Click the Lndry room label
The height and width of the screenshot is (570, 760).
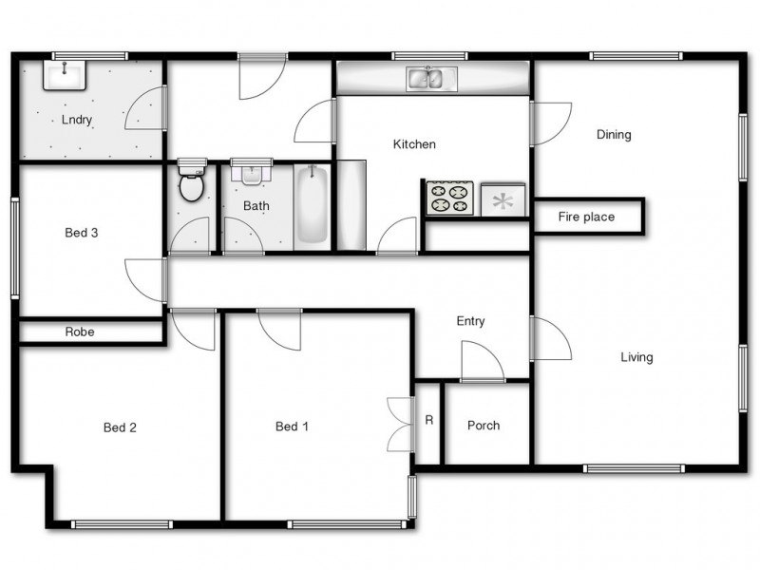[77, 120]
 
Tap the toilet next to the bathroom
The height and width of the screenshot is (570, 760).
[191, 182]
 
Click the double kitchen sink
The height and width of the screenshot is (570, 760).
[432, 78]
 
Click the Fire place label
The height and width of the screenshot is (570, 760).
[586, 218]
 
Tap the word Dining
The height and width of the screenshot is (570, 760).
[614, 135]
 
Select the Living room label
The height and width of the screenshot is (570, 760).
[636, 358]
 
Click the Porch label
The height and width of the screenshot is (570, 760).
[484, 426]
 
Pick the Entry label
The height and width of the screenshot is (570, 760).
[470, 321]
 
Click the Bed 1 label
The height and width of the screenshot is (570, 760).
[292, 427]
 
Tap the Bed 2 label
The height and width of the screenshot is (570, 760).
[120, 427]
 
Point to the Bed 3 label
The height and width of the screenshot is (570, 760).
[82, 233]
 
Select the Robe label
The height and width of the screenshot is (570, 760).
[79, 332]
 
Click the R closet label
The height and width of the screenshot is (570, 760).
[428, 419]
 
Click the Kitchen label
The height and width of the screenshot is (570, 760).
[414, 144]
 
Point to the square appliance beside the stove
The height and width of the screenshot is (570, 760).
[503, 199]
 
